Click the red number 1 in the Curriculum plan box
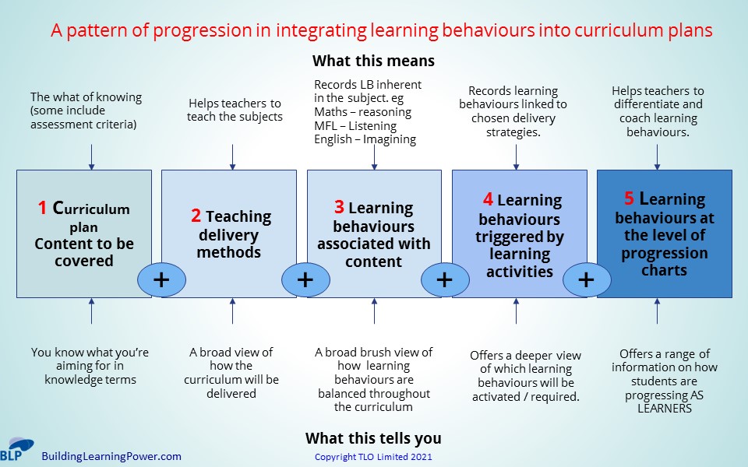coord(42,208)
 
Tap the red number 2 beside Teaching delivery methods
coord(196,216)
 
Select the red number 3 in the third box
coord(339,207)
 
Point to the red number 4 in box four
coord(487,200)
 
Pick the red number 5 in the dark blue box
coord(629,198)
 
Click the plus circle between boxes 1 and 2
coord(161,279)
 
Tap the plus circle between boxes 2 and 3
coord(305,279)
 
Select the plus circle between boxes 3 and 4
coord(444,279)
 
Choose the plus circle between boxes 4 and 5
coord(586,279)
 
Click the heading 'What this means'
coord(373,61)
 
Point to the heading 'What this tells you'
coord(373,437)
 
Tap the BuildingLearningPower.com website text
coord(111,456)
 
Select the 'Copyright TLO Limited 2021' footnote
coord(373,457)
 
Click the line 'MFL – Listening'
coord(355,126)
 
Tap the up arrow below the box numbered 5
coord(657,311)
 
